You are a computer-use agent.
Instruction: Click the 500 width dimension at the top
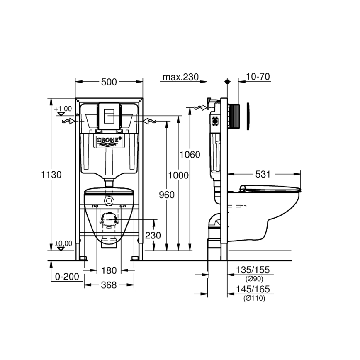pos(109,82)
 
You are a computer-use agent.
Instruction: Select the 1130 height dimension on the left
pos(51,175)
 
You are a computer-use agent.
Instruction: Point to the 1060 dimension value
pos(190,155)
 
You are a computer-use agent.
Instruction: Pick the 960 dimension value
pos(166,195)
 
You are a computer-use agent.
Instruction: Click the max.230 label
pos(180,77)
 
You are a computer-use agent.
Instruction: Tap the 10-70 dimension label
pos(257,77)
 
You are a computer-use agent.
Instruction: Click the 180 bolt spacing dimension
pos(109,271)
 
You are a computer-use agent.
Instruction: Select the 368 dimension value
pos(109,285)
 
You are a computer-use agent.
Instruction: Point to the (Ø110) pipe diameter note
pos(254,298)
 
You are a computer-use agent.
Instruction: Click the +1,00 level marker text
pos(63,109)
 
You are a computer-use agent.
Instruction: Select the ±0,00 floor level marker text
pos(63,243)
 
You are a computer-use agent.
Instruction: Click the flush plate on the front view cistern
pos(109,115)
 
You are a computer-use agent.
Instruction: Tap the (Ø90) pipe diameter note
pos(254,279)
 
